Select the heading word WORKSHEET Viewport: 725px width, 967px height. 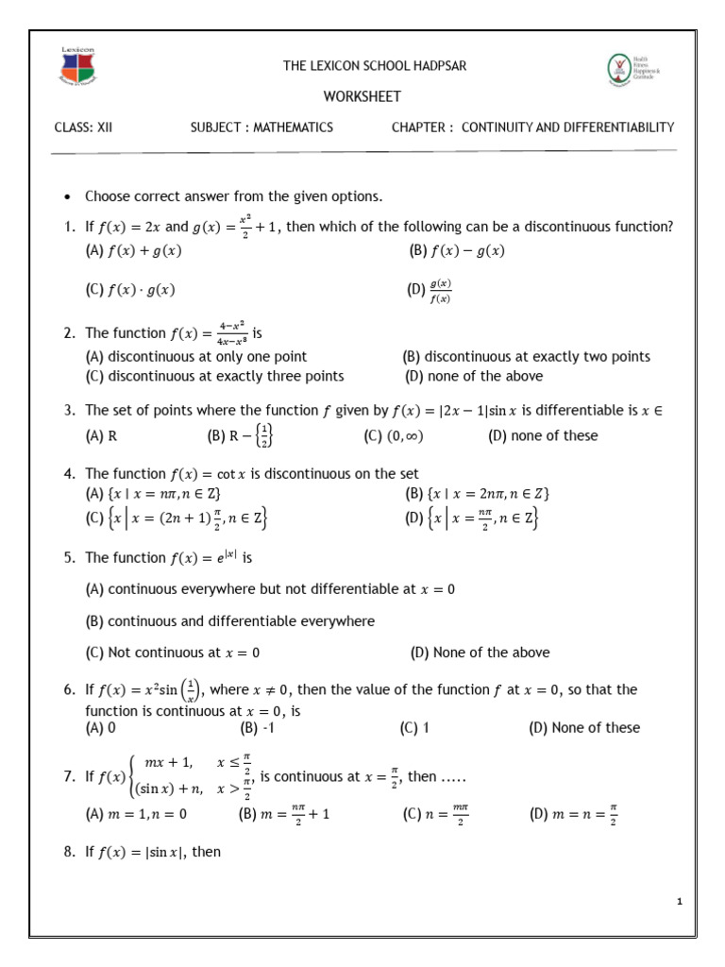coord(362,96)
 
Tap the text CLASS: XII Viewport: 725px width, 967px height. coord(83,127)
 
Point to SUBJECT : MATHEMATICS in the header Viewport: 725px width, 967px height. coord(261,127)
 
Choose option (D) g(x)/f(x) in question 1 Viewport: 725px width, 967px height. coord(430,292)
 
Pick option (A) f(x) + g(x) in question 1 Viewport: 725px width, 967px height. coord(133,250)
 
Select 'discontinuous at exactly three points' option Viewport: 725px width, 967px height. coord(214,376)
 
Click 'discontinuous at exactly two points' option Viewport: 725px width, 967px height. coord(527,357)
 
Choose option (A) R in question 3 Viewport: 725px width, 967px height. coord(101,435)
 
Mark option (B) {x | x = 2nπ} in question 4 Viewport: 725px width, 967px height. coord(478,493)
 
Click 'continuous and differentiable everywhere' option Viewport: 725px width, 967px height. coord(229,620)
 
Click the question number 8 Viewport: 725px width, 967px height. coord(69,851)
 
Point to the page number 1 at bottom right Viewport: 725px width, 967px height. coord(679,903)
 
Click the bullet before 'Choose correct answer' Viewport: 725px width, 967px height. coord(67,197)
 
